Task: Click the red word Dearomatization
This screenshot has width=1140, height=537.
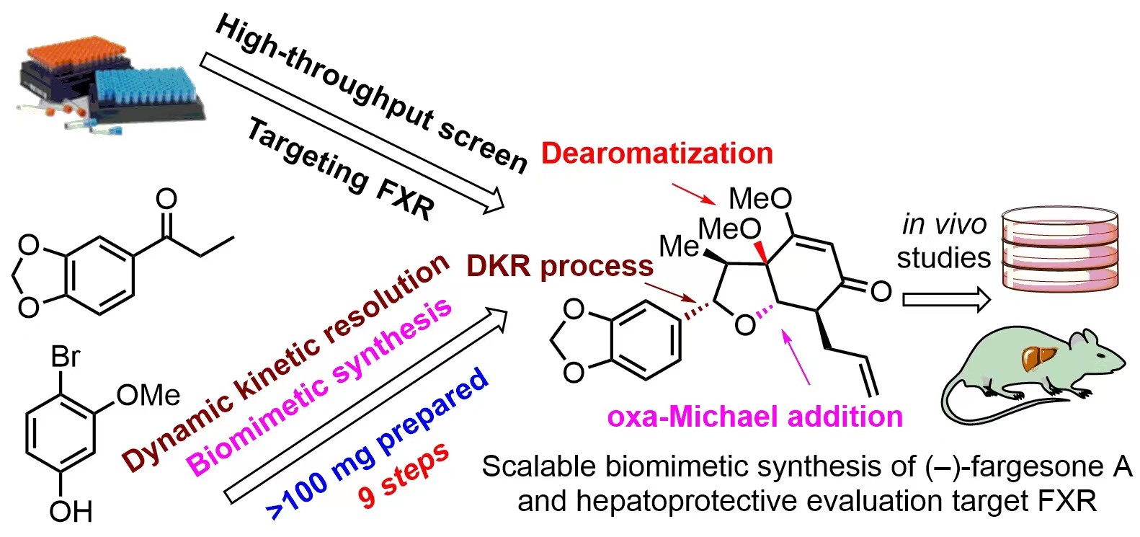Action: click(x=656, y=154)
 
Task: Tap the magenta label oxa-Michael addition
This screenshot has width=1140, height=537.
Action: click(x=754, y=417)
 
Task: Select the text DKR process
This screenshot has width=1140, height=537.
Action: click(x=559, y=266)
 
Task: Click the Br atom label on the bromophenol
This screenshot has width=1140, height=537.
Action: click(x=65, y=357)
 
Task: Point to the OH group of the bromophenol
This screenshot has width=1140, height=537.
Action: click(x=70, y=512)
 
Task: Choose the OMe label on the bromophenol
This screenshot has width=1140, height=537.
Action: click(x=148, y=395)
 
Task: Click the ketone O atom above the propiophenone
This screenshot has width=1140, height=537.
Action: click(x=166, y=198)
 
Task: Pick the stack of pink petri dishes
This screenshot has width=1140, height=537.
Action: click(x=1060, y=249)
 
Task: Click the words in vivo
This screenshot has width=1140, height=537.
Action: click(x=944, y=225)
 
